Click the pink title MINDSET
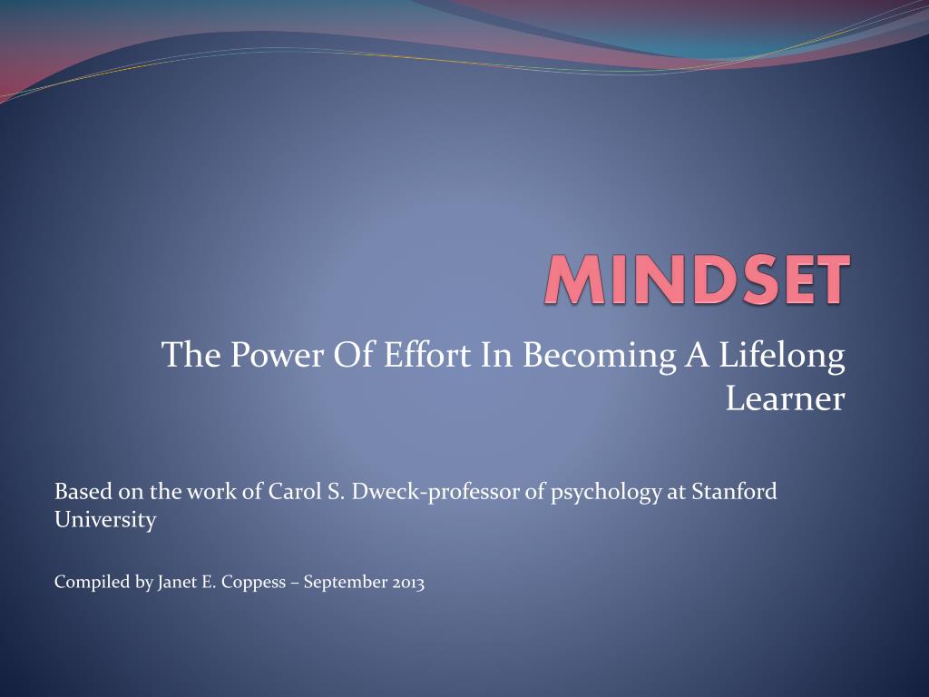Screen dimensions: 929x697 698,280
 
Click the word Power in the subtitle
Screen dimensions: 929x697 277,355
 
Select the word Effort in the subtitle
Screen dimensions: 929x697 427,355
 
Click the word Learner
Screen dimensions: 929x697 785,398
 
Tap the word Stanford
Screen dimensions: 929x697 734,491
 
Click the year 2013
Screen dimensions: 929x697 408,582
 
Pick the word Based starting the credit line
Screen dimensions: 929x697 83,491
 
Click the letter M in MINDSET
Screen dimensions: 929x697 574,280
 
